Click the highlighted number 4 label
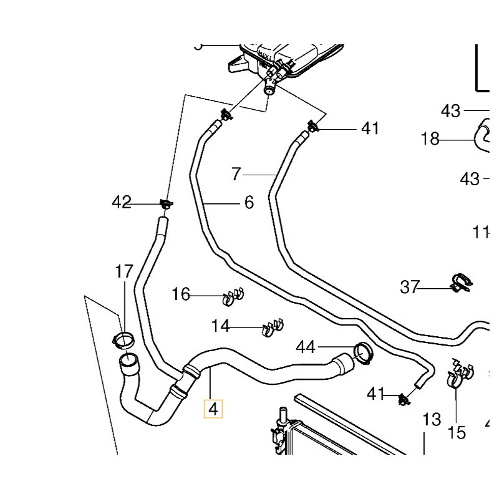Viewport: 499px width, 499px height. (x=214, y=409)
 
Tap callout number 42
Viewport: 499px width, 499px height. (x=122, y=202)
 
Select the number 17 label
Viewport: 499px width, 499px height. (x=124, y=271)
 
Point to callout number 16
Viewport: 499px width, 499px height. (x=181, y=294)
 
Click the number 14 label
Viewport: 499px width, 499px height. (x=220, y=325)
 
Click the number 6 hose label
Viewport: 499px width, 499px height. (x=249, y=202)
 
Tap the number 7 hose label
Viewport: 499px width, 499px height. (x=236, y=174)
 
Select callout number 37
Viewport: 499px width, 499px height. (x=410, y=287)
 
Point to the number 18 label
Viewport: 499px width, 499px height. (x=430, y=139)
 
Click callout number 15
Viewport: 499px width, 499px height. (x=457, y=432)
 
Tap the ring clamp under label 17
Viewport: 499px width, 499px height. (x=123, y=340)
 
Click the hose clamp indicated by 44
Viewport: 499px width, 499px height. (x=362, y=352)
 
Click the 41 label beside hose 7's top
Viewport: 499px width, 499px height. (x=370, y=128)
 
